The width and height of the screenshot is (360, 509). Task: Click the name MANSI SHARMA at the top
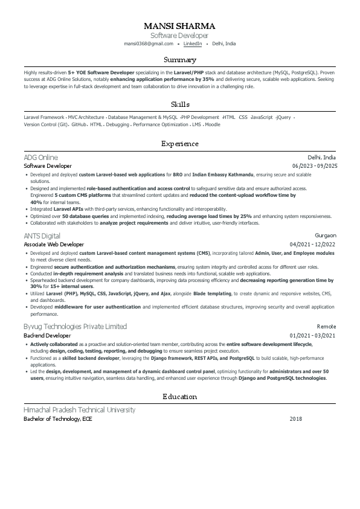coord(179,26)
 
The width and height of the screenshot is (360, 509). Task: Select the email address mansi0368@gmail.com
coord(149,44)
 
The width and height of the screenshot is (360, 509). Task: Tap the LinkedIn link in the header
coord(193,44)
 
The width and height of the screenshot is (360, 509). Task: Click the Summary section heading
coord(179,60)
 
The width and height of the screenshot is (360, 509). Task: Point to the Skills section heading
coord(179,104)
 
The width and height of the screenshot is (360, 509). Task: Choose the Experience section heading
coord(179,144)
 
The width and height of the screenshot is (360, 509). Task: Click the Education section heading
coord(179,397)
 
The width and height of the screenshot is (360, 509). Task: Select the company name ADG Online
coord(40,157)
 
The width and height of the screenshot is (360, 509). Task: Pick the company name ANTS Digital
coord(42,235)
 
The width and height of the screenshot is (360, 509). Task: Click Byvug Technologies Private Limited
coord(75,327)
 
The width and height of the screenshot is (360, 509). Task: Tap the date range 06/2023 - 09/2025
coord(314,166)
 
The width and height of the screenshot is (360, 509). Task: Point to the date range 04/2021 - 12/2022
coord(313,245)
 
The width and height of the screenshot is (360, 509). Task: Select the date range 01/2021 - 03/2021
coord(313,335)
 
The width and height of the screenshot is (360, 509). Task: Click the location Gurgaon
coord(326,235)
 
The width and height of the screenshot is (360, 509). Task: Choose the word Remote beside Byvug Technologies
coord(326,327)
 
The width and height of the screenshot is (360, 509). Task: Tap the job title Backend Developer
coord(47,335)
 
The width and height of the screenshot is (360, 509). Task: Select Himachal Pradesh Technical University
coord(79,410)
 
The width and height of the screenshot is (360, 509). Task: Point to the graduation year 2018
coord(295,419)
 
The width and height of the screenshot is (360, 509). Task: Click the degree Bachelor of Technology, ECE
coord(58,419)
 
